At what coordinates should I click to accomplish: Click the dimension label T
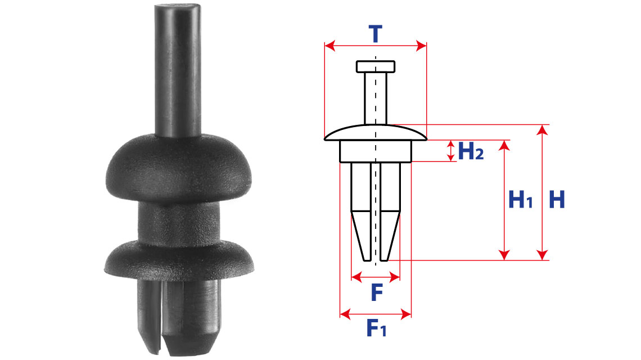click(x=375, y=34)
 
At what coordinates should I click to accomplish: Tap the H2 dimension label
click(x=471, y=151)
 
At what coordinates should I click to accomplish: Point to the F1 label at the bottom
click(x=376, y=328)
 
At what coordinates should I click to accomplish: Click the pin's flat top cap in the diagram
click(x=375, y=67)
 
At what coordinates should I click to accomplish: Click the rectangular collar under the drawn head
click(x=375, y=151)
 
